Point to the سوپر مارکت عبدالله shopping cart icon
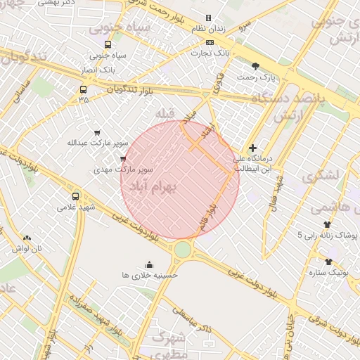(x=97, y=132)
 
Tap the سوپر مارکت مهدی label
(x=124, y=170)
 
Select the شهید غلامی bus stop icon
(x=76, y=196)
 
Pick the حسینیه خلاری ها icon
(x=149, y=264)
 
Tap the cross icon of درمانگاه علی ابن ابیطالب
(x=253, y=148)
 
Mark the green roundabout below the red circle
(x=183, y=249)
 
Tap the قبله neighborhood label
(x=165, y=114)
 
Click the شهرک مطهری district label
(x=167, y=344)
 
